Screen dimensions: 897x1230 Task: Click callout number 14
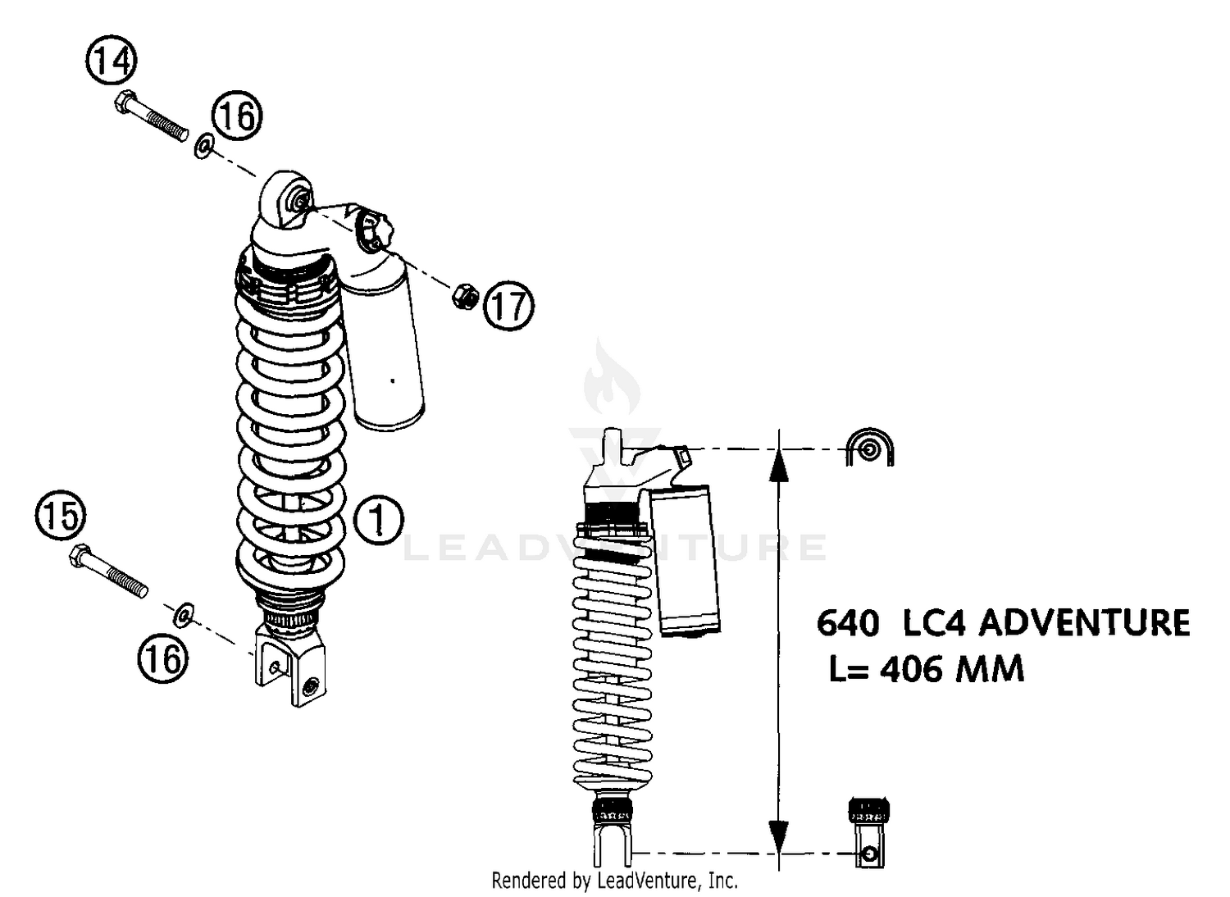111,61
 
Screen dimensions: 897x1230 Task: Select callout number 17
508,306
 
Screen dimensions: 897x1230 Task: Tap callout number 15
61,517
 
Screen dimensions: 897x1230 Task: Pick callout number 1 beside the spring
378,520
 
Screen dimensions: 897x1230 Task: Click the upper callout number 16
238,115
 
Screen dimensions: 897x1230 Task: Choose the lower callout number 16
163,658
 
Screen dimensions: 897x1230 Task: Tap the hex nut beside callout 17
465,295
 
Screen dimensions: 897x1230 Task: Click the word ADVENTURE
1084,623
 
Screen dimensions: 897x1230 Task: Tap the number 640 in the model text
848,624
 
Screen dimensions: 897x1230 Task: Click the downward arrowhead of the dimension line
779,836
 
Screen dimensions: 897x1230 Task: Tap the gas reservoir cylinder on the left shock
384,344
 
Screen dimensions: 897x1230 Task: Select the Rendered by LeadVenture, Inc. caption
614,881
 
